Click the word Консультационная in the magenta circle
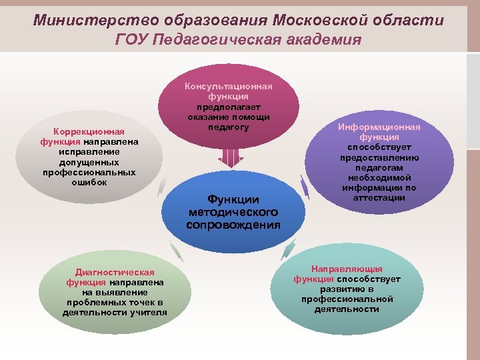point(228,87)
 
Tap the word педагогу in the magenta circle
point(228,127)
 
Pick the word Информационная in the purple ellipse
point(379,127)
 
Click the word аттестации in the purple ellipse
point(379,197)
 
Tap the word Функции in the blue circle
point(233,199)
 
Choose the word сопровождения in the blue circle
point(233,225)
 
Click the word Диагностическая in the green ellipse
point(115,272)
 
